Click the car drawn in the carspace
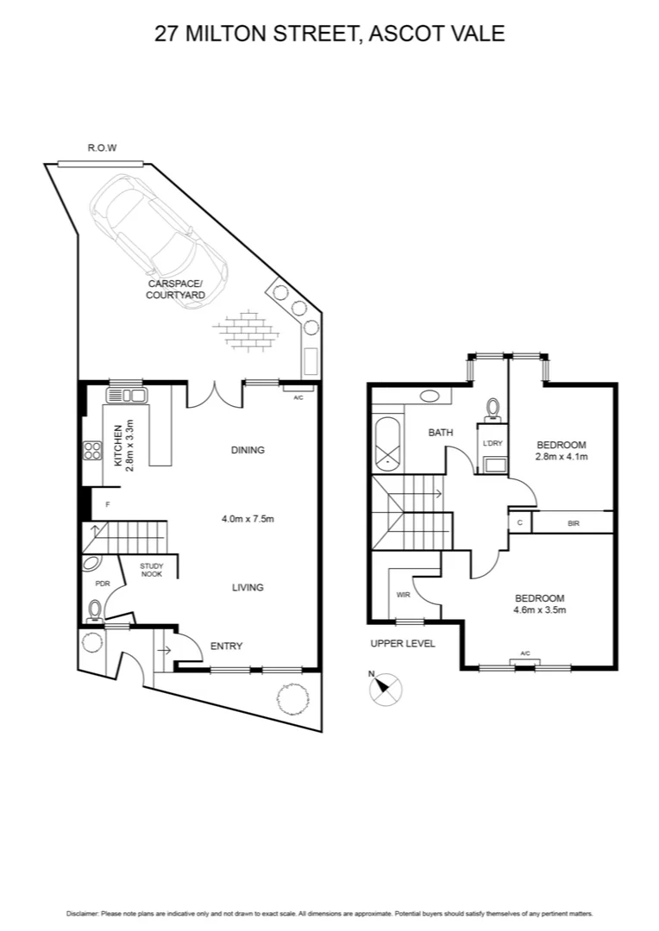(x=160, y=228)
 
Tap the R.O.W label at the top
(x=102, y=148)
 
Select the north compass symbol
(x=385, y=689)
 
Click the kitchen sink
(x=126, y=396)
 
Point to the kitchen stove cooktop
(x=92, y=451)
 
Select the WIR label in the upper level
(x=403, y=595)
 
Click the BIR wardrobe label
(x=574, y=522)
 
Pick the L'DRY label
(x=493, y=443)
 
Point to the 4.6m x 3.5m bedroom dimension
(x=539, y=610)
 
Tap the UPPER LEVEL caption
(x=403, y=644)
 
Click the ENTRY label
(x=226, y=647)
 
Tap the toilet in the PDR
(x=94, y=609)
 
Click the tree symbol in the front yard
(x=290, y=697)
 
